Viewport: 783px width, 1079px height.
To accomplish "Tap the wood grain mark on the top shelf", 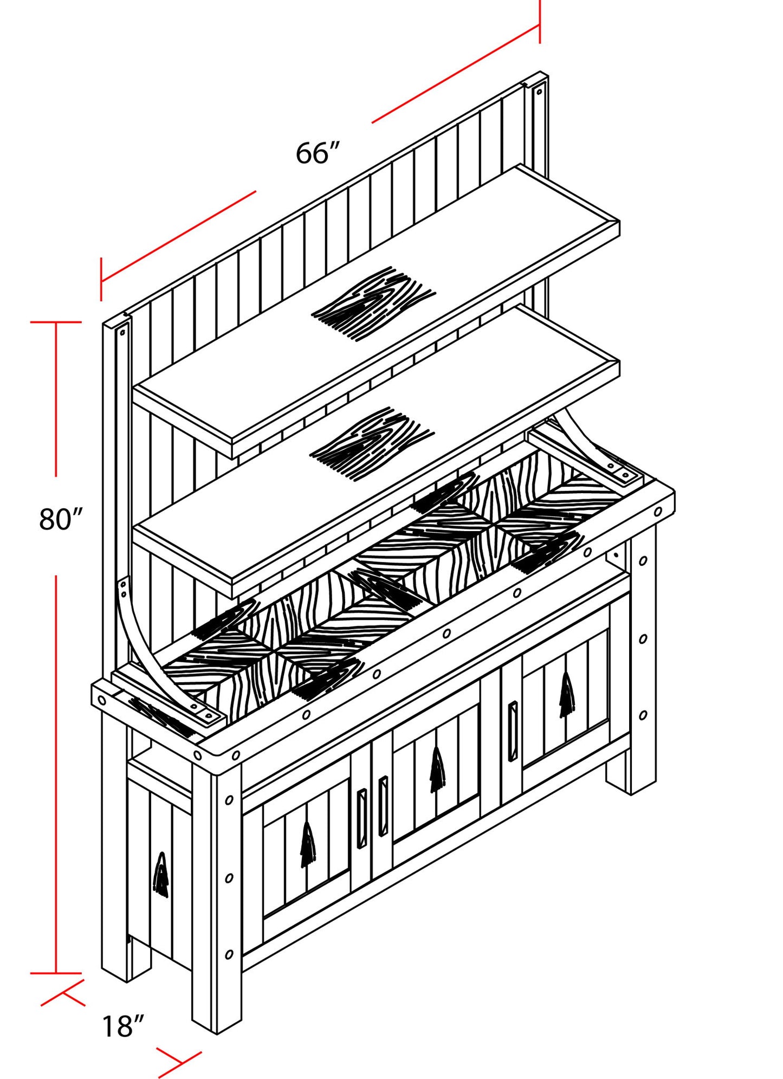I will coord(373,303).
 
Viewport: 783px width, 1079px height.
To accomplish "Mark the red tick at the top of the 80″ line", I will coord(56,322).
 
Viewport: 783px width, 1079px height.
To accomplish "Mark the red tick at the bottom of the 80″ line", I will coord(56,973).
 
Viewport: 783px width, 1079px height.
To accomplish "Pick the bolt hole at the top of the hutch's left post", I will coord(122,332).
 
